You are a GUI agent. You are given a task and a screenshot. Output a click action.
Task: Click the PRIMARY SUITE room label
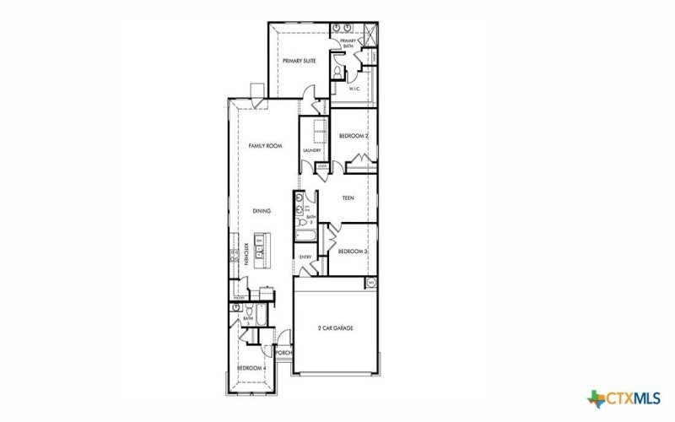(x=298, y=61)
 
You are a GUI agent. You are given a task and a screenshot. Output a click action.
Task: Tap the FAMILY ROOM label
(x=264, y=146)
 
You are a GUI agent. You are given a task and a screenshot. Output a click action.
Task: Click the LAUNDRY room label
(x=312, y=151)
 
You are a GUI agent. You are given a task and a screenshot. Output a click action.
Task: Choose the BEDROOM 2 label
(x=354, y=136)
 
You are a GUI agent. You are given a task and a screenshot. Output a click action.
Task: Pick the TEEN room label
(x=348, y=198)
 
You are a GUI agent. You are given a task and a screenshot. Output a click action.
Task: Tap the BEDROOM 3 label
(x=353, y=252)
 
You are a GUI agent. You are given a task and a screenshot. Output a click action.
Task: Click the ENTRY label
(x=305, y=257)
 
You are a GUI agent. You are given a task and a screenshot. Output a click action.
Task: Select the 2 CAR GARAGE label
(x=336, y=327)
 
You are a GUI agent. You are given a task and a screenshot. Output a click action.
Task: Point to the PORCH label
(x=283, y=353)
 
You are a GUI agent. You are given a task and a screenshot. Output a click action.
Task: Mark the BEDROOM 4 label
(x=251, y=368)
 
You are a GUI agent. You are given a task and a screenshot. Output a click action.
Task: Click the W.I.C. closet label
(x=355, y=88)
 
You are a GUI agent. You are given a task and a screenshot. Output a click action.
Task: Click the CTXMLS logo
(x=624, y=397)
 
